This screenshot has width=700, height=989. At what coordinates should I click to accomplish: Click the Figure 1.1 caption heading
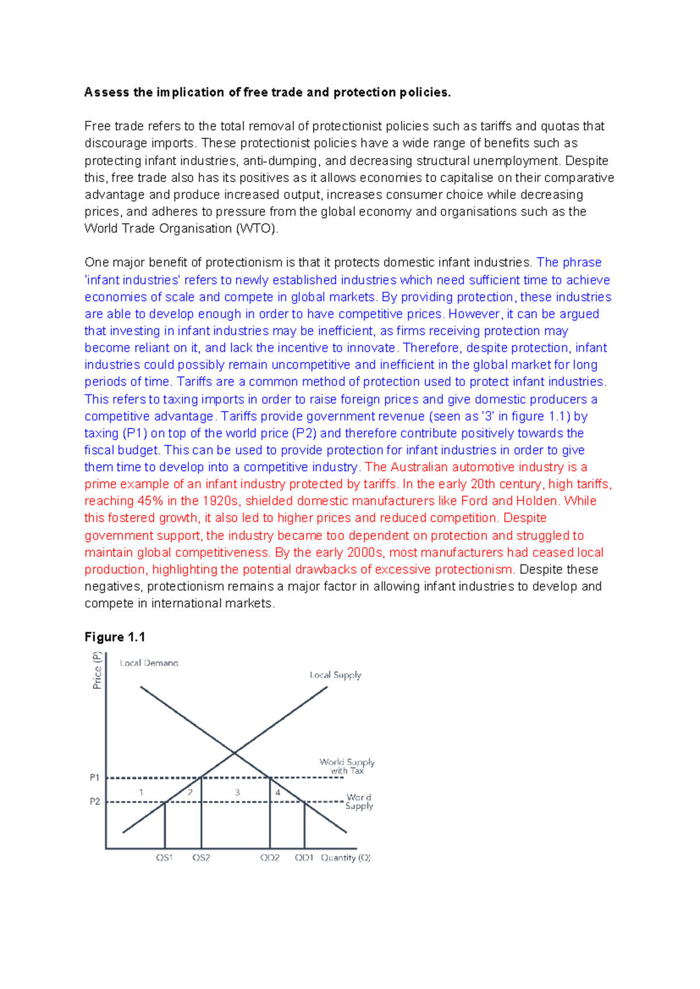(x=115, y=637)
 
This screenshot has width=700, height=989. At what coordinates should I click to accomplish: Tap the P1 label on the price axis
(x=94, y=777)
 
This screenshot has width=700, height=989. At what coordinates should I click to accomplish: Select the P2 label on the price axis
(x=94, y=802)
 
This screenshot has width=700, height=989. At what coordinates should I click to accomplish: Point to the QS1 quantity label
(x=164, y=858)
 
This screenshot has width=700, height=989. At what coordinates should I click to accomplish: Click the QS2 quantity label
(x=201, y=858)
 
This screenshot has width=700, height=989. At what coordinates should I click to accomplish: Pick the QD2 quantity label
(x=270, y=858)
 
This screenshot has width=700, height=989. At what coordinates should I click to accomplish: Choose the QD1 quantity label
(x=304, y=858)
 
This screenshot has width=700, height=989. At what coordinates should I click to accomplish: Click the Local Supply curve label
(x=335, y=675)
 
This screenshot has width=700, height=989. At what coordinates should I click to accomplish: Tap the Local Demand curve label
(x=149, y=663)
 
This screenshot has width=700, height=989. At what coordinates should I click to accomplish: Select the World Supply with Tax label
(x=347, y=766)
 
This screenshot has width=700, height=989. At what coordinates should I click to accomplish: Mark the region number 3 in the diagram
(x=237, y=792)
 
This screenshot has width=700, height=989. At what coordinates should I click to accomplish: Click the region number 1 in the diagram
(x=141, y=792)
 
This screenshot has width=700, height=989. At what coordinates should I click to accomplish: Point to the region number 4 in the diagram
(x=278, y=792)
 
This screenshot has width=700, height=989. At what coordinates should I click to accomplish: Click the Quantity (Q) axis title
(x=346, y=858)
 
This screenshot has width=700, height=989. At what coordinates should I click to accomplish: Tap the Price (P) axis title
(x=97, y=671)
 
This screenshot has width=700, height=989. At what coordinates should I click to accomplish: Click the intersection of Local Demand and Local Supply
(x=235, y=753)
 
